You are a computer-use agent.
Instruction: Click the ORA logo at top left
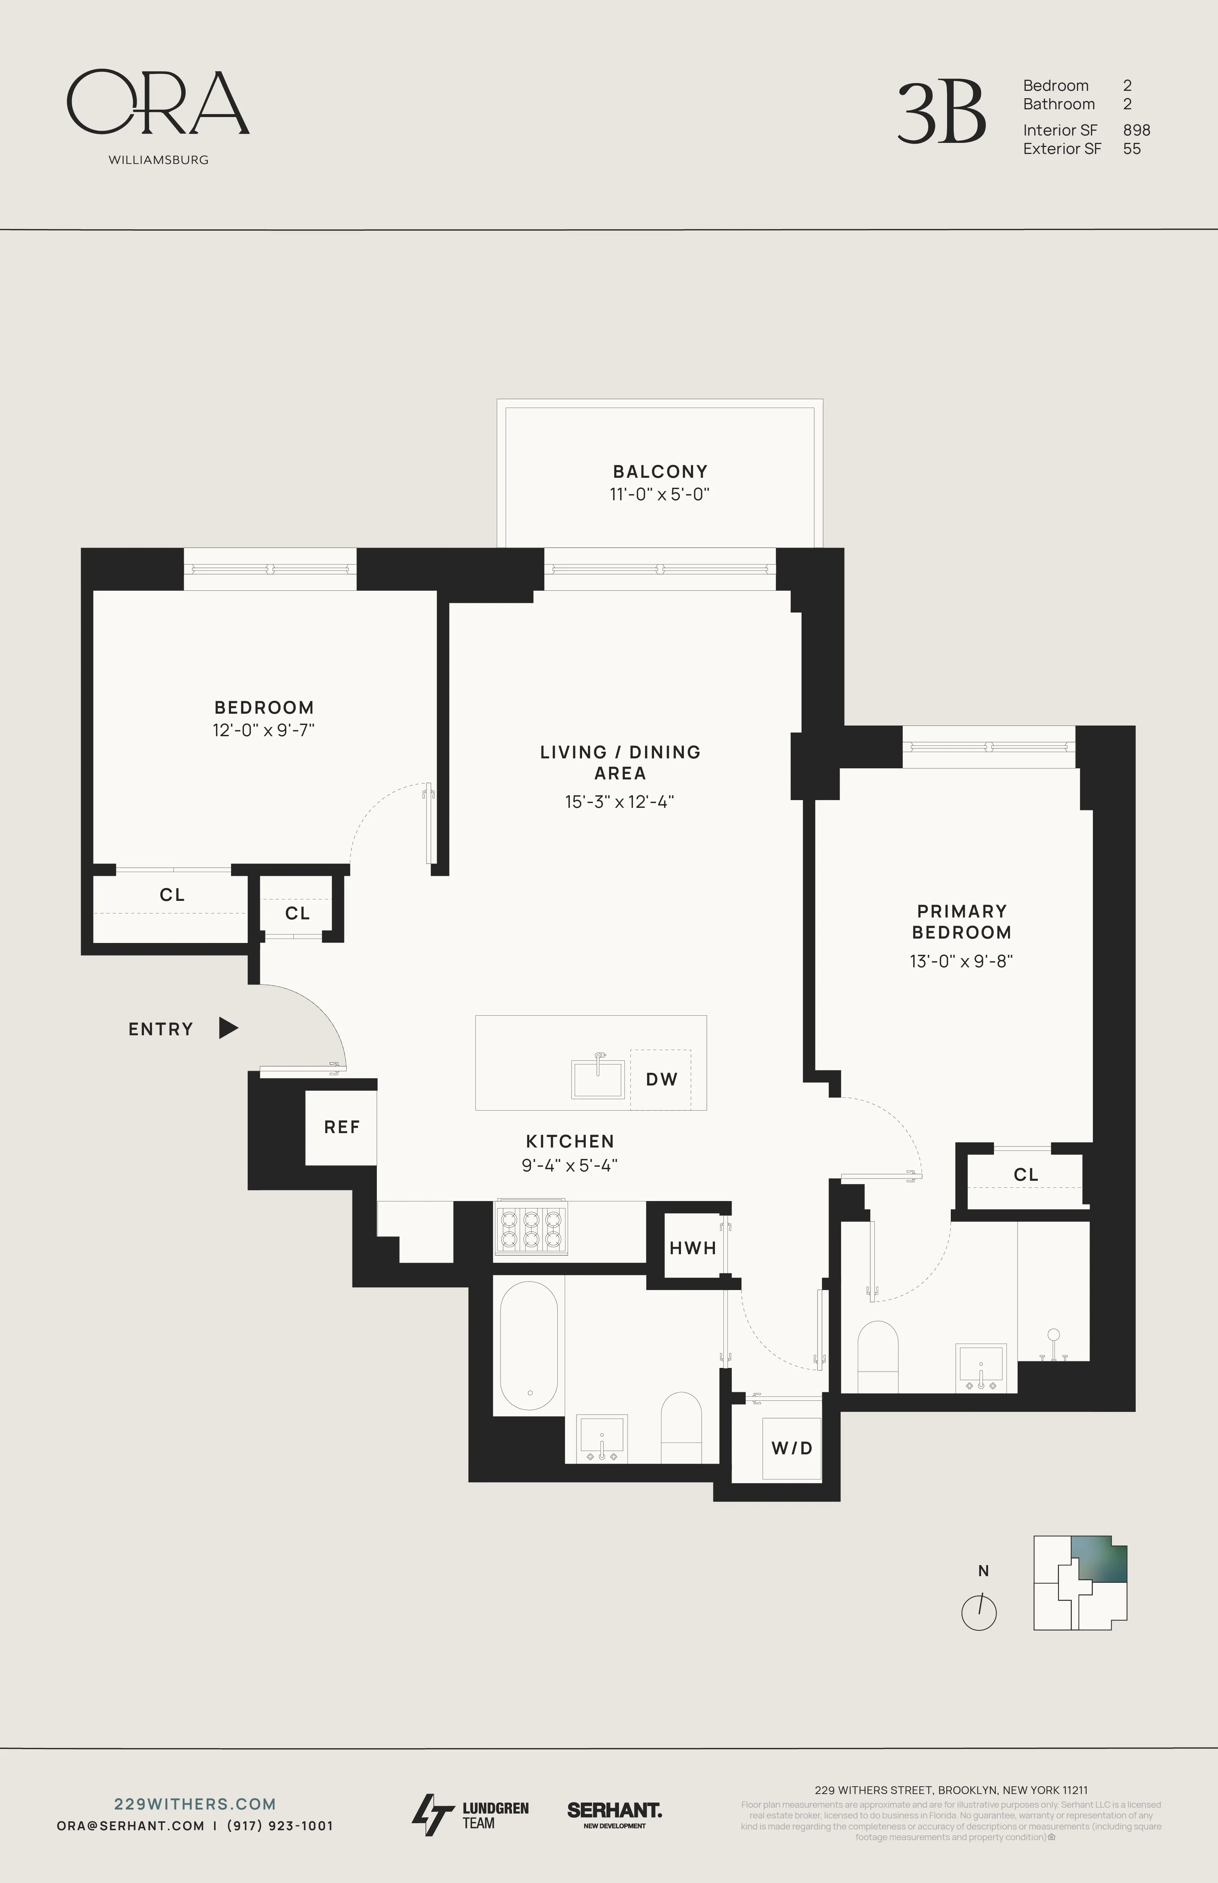click(x=158, y=103)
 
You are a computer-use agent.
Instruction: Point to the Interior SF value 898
click(x=1136, y=130)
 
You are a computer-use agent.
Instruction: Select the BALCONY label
click(x=660, y=471)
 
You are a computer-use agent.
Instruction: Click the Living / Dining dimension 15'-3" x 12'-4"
click(x=619, y=802)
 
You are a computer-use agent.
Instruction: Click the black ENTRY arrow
click(x=228, y=1029)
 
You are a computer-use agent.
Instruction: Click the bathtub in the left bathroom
click(x=528, y=1347)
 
